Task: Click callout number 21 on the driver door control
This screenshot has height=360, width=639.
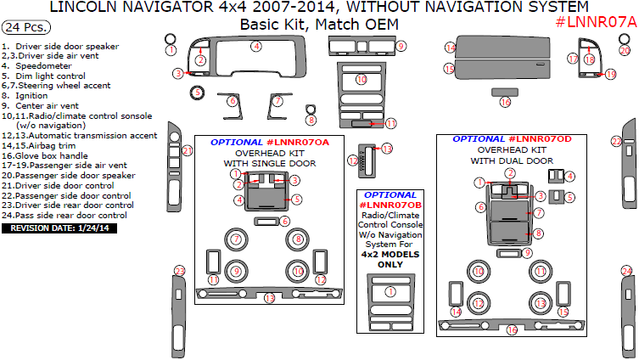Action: [188, 151]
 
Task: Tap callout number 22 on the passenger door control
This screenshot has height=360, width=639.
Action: [618, 141]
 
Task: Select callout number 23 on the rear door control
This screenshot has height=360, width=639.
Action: [179, 271]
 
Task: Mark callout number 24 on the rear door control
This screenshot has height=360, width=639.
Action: [626, 271]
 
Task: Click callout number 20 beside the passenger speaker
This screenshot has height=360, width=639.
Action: [625, 50]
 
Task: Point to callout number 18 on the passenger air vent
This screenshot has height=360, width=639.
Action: [590, 59]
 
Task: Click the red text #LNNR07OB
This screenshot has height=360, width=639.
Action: [390, 205]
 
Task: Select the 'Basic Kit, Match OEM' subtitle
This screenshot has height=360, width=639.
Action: [318, 24]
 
